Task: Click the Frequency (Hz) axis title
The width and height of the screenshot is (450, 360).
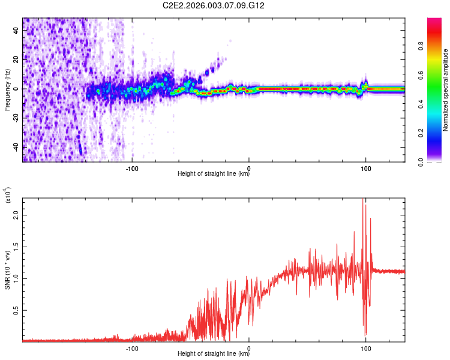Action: pyautogui.click(x=7, y=90)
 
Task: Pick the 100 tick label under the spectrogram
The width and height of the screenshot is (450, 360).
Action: pyautogui.click(x=365, y=168)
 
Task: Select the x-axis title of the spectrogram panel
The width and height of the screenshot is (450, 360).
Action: pyautogui.click(x=214, y=174)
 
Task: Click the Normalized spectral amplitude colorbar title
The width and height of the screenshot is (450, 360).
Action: pyautogui.click(x=446, y=90)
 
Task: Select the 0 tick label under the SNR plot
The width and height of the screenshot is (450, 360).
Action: pyautogui.click(x=249, y=348)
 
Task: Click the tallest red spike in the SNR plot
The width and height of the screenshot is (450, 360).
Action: pyautogui.click(x=362, y=200)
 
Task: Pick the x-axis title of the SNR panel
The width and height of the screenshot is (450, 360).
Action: pyautogui.click(x=214, y=354)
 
